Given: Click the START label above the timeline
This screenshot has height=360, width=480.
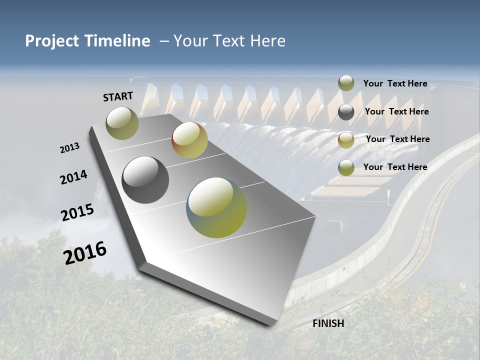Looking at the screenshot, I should [x=118, y=96].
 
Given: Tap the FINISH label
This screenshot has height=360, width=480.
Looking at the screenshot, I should [x=328, y=323].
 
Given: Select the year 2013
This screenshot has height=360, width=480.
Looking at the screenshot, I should [x=69, y=148].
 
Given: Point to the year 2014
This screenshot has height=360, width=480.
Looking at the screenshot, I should [x=73, y=177].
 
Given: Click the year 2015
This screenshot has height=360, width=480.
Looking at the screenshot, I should [x=77, y=212].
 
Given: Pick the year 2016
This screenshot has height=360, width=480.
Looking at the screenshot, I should [x=85, y=252].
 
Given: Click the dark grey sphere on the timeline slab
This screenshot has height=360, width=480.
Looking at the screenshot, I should [x=145, y=180].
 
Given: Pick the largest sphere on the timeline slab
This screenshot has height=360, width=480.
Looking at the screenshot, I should [x=216, y=207].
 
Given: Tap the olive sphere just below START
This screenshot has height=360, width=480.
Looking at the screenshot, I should [x=122, y=123].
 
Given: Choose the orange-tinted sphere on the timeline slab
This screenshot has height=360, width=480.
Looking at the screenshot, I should [x=189, y=140].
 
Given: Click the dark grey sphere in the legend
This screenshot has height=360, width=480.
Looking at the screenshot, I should [x=346, y=112].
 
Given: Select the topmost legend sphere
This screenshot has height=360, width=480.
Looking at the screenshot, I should [x=346, y=83].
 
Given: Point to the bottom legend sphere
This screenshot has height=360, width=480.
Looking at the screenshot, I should [x=346, y=167].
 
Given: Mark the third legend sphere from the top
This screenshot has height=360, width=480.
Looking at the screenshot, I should [x=346, y=140].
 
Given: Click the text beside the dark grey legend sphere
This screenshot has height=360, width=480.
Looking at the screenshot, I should [x=396, y=111].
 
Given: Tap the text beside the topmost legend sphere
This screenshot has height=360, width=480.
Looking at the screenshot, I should [x=395, y=83].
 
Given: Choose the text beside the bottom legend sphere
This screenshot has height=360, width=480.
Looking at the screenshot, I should [x=395, y=167].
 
